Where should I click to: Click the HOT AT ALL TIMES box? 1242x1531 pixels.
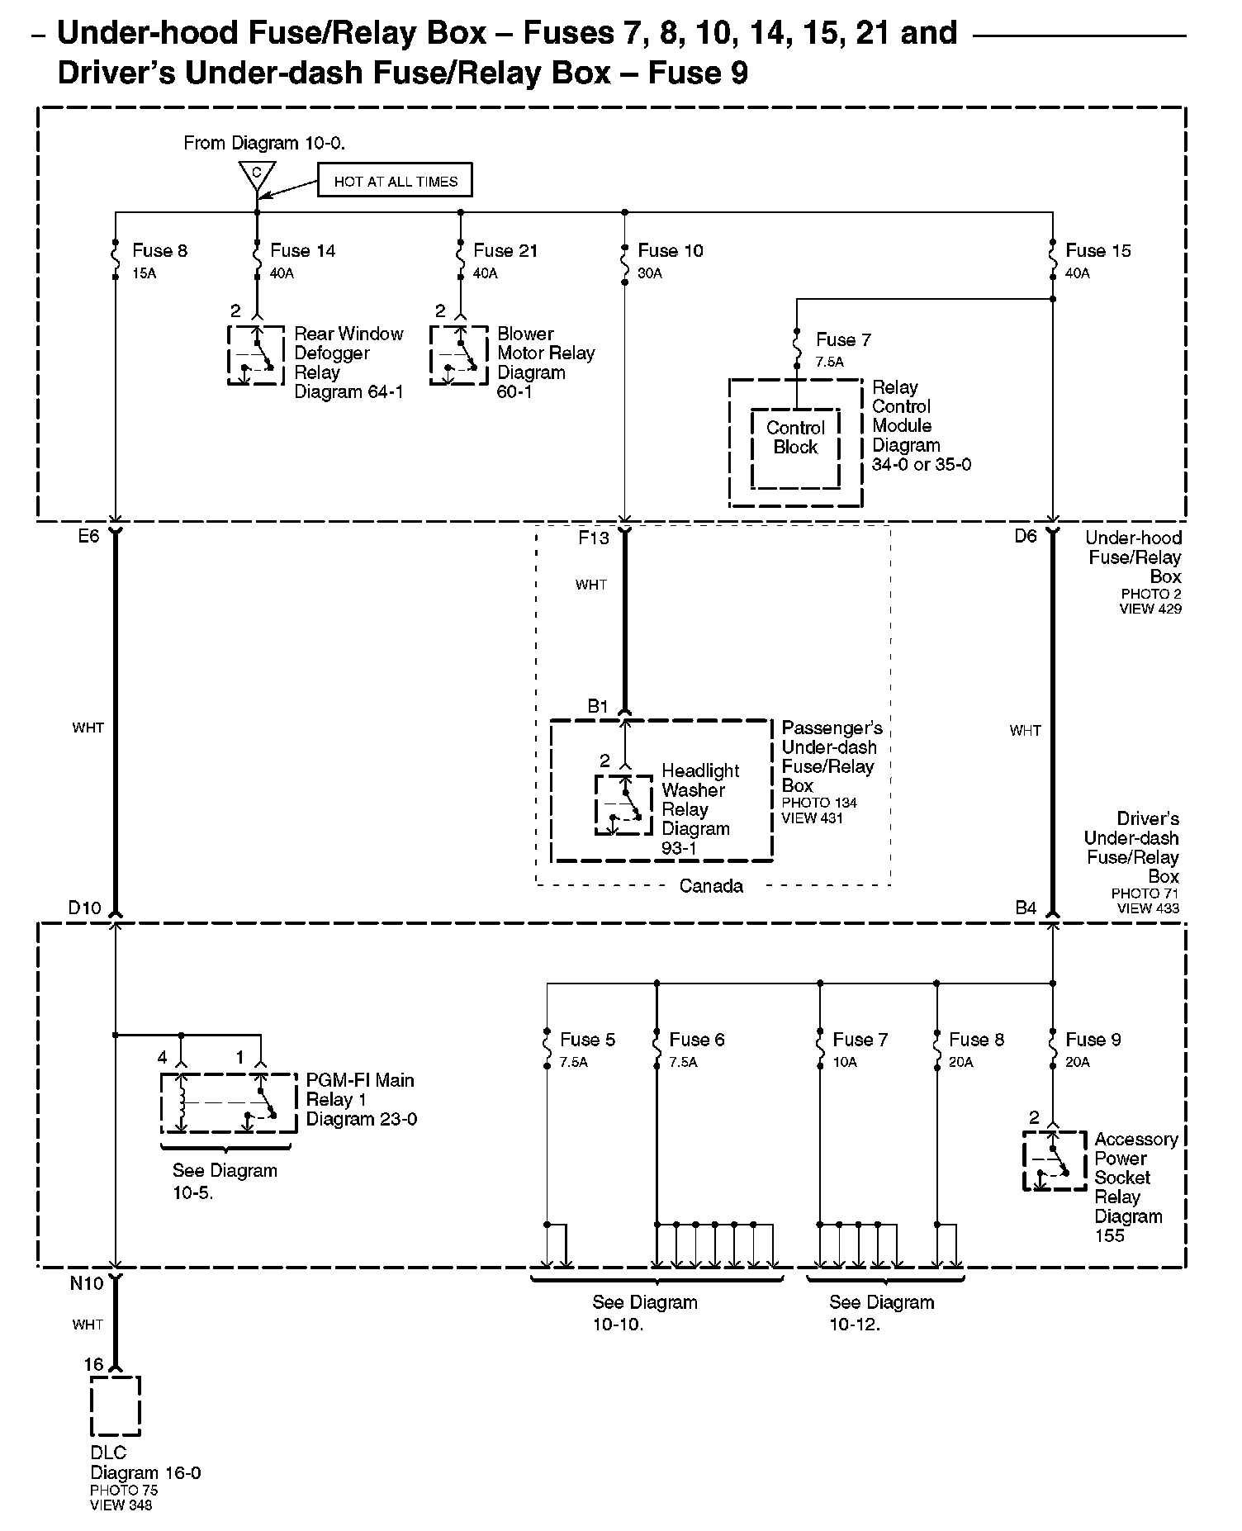point(395,182)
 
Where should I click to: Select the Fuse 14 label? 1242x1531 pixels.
point(302,251)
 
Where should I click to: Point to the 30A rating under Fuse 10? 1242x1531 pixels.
point(650,273)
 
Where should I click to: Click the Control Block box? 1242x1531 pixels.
point(795,448)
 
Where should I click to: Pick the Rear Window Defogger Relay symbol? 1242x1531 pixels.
point(256,355)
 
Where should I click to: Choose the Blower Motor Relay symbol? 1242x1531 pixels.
point(458,355)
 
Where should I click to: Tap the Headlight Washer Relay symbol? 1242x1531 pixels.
point(624,804)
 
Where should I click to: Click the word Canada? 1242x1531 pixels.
point(711,886)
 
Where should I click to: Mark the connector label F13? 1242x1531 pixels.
point(594,538)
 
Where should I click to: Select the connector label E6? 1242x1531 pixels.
point(88,536)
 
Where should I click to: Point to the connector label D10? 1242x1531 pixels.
point(84,908)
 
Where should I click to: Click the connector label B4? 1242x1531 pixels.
point(1026,908)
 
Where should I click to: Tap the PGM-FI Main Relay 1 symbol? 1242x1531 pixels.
point(228,1103)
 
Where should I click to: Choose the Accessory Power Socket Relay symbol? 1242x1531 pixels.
point(1055,1160)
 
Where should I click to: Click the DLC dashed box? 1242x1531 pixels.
point(115,1405)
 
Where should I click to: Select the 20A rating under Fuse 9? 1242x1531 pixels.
point(1078,1063)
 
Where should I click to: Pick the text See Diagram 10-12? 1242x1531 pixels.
point(881,1313)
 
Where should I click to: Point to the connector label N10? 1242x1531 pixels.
point(87,1283)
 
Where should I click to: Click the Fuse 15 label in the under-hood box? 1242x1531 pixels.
point(1098,251)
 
